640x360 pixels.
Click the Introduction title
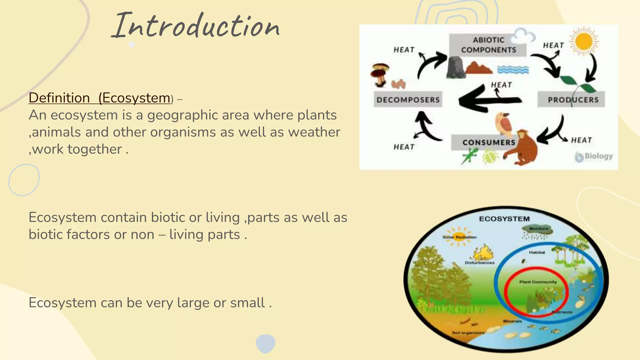(196, 26)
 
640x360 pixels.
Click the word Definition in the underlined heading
(59, 98)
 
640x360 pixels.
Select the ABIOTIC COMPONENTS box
(488, 45)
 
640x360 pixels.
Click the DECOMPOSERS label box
(408, 100)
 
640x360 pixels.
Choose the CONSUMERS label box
(488, 142)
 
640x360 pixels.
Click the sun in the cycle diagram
(583, 41)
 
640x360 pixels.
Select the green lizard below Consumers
(469, 156)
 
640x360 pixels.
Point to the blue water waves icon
(513, 69)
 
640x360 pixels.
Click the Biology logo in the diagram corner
(594, 156)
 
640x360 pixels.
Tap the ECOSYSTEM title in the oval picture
(504, 219)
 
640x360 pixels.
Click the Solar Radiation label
(459, 237)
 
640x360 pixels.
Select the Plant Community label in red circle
(538, 282)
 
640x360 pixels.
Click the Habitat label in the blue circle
(537, 252)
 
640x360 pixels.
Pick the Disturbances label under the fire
(480, 263)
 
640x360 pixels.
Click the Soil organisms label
(468, 333)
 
